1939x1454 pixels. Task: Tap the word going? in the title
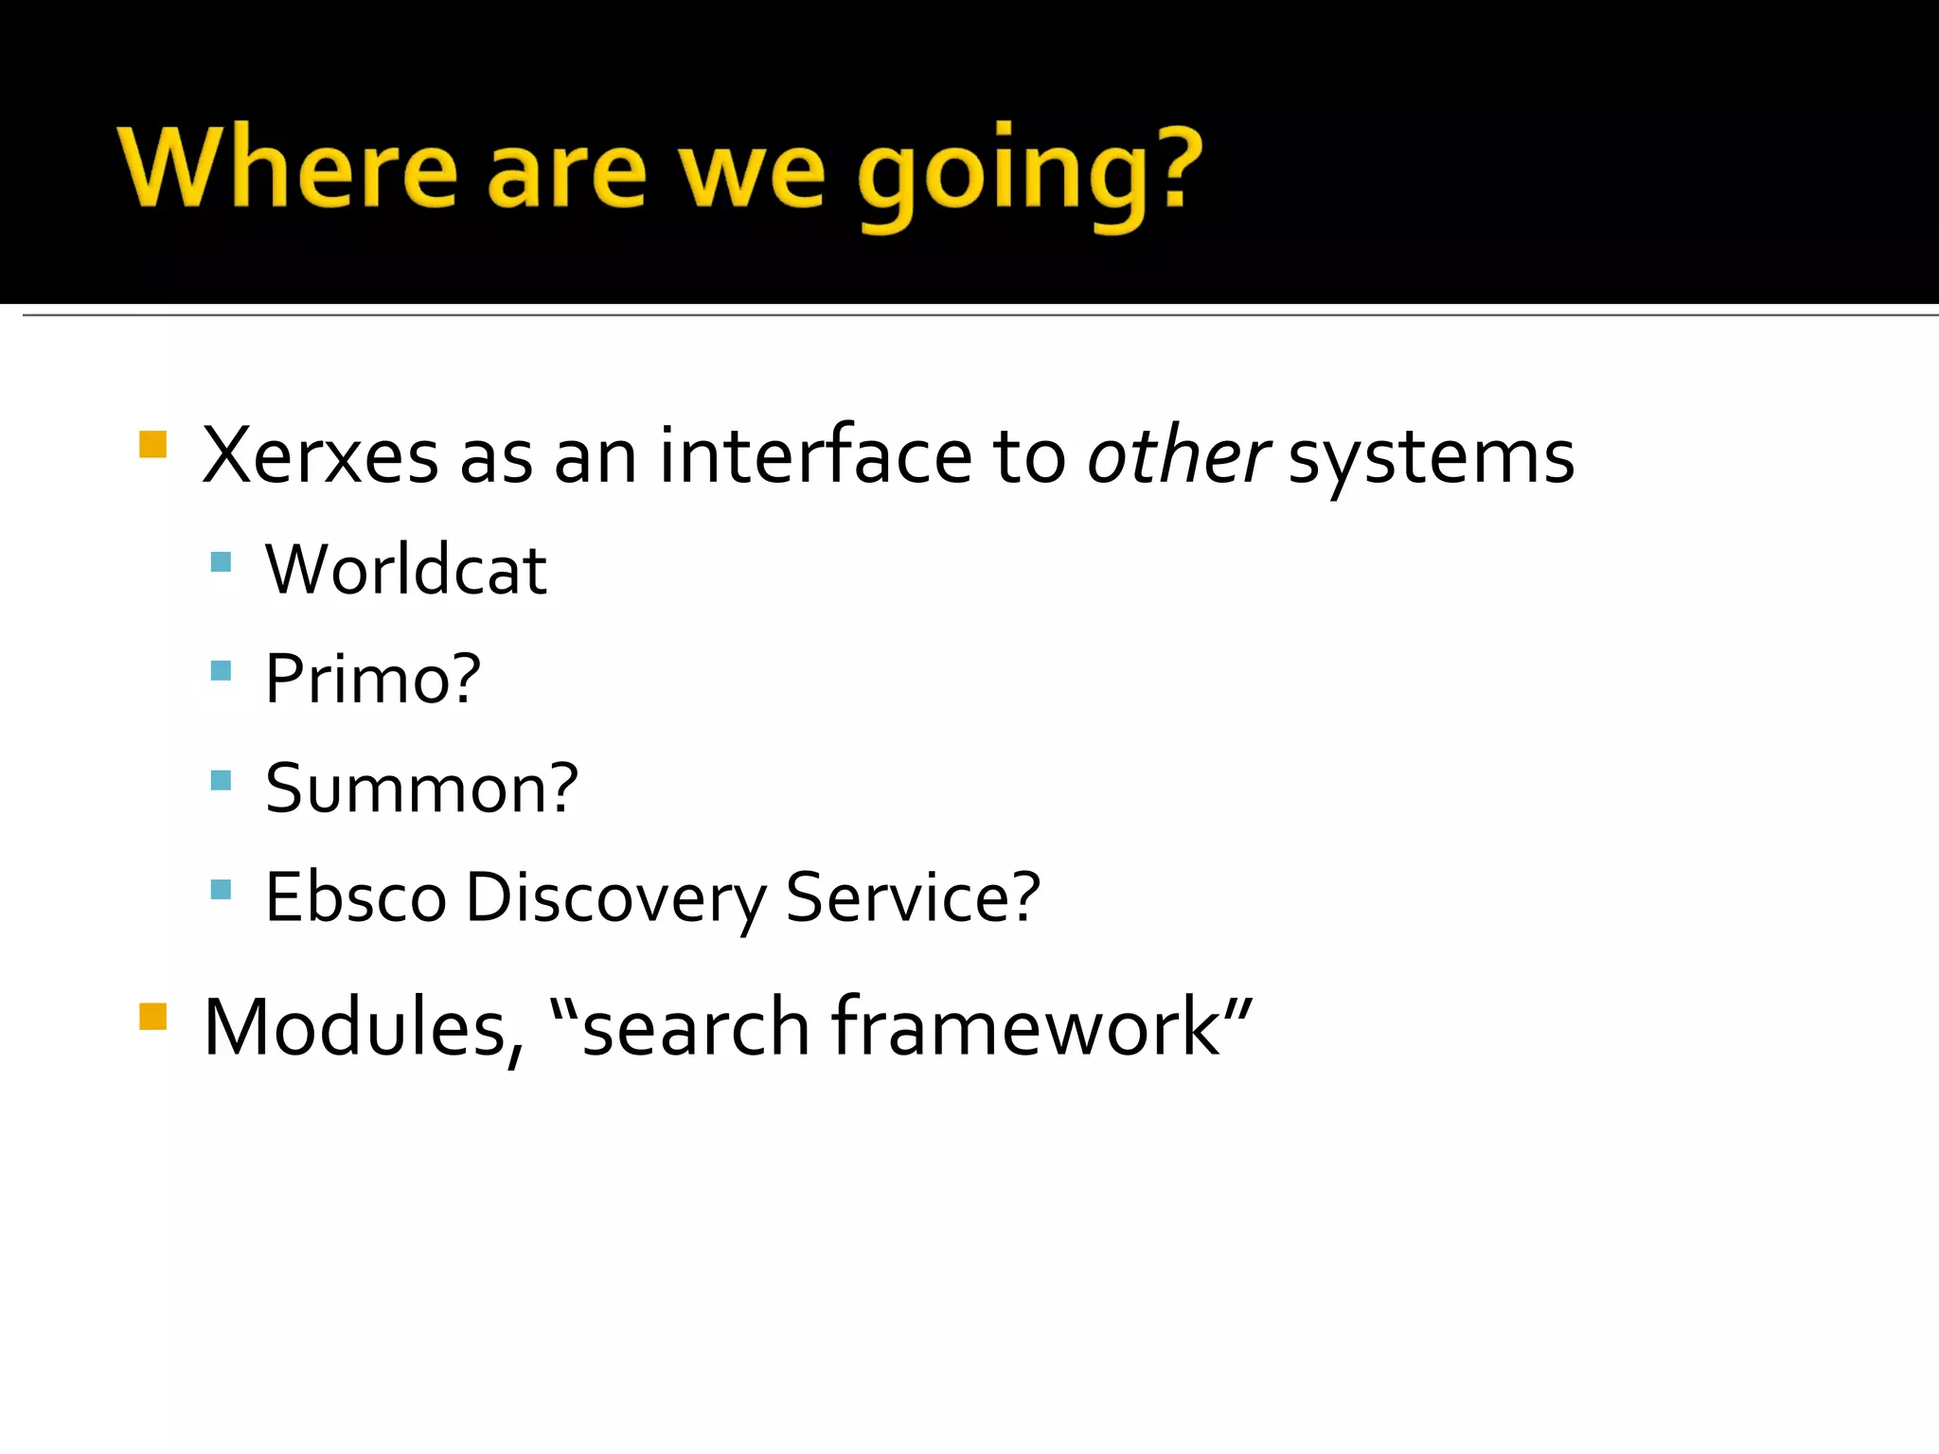pyautogui.click(x=1029, y=175)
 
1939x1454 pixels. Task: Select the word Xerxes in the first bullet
pyautogui.click(x=320, y=456)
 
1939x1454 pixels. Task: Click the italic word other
pyautogui.click(x=1177, y=456)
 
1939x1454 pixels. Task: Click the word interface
pyautogui.click(x=815, y=456)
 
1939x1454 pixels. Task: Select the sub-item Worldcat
pyautogui.click(x=405, y=570)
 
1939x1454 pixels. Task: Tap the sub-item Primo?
pyautogui.click(x=373, y=679)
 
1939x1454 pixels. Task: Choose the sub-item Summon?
pyautogui.click(x=421, y=788)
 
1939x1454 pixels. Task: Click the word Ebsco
pyautogui.click(x=355, y=896)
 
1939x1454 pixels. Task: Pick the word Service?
pyautogui.click(x=913, y=896)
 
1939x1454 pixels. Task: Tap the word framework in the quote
pyautogui.click(x=1025, y=1027)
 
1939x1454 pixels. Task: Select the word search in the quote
pyautogui.click(x=696, y=1029)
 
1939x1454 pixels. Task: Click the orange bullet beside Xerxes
pyautogui.click(x=152, y=444)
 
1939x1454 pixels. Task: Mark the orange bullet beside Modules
pyautogui.click(x=152, y=1016)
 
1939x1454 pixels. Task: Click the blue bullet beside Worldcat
pyautogui.click(x=221, y=562)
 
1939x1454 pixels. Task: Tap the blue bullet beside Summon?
pyautogui.click(x=221, y=780)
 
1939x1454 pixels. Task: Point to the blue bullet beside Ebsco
pyautogui.click(x=221, y=889)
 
